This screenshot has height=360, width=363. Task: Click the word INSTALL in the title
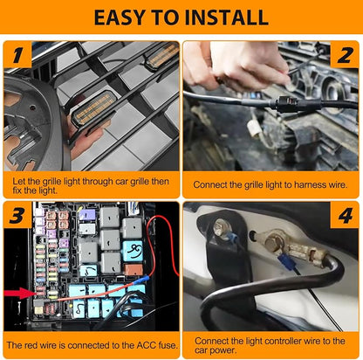pos(226,17)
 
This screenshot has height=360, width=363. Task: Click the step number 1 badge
pos(17,54)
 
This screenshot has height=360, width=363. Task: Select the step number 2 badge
pos(345,54)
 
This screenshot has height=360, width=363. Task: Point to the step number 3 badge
pos(17,215)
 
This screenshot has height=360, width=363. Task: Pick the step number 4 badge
pos(345,215)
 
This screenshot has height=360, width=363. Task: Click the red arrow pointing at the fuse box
pos(19,293)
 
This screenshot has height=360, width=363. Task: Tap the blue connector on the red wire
pos(142,280)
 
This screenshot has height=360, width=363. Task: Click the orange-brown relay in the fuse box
pos(134,270)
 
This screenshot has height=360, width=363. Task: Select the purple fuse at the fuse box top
pos(87,215)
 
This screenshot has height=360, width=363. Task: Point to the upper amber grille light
pos(162,56)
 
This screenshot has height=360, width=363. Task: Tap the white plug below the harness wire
pos(254,128)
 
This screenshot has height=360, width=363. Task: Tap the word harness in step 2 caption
pos(311,184)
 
